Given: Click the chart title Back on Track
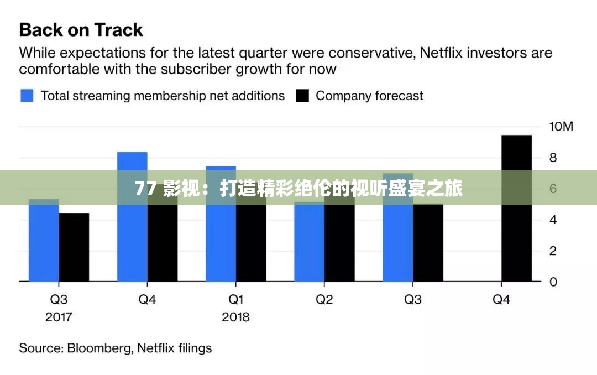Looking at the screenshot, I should point(81,29).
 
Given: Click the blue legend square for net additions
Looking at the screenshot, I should point(27,96).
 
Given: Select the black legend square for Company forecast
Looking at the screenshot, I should point(302,96).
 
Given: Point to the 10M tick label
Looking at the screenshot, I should point(561,127).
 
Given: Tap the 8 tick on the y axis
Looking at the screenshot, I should point(553,158).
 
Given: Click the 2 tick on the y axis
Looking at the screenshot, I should point(553,251).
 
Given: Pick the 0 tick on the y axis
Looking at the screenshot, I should point(553,282).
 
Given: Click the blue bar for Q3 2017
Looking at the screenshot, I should point(44,243).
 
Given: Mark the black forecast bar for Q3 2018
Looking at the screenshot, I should point(428,243).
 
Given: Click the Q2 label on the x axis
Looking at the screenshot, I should point(324,300).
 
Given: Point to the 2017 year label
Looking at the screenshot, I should point(59,317).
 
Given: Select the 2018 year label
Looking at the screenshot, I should point(235,317).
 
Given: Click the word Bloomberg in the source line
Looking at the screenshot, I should point(99,348).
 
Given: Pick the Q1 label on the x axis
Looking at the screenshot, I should point(235,300).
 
